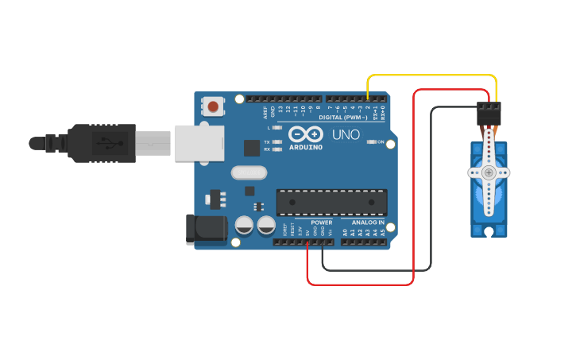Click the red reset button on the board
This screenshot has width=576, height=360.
(213, 106)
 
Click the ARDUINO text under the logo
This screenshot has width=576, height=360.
(305, 147)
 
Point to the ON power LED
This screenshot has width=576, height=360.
(371, 142)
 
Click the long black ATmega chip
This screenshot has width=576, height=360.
(331, 202)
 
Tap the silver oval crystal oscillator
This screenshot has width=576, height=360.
(246, 172)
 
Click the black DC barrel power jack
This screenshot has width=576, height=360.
(204, 229)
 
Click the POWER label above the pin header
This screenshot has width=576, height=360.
(321, 223)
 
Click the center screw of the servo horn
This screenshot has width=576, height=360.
(488, 172)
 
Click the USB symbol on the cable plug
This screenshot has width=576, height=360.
(102, 143)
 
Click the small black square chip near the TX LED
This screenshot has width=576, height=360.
(252, 148)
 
